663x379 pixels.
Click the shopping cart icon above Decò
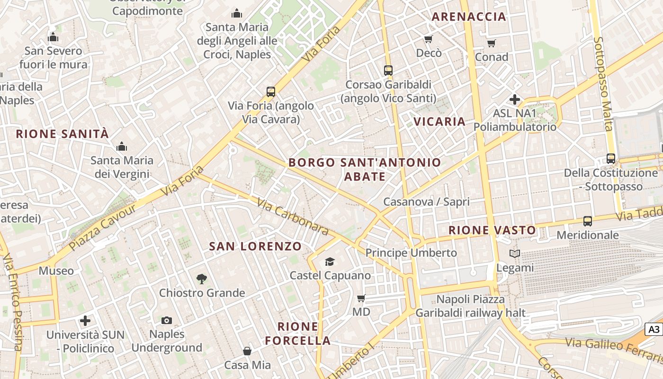pyautogui.click(x=429, y=39)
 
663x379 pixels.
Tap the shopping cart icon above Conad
pyautogui.click(x=492, y=43)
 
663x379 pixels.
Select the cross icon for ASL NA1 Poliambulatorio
pyautogui.click(x=515, y=99)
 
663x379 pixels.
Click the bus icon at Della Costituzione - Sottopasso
pyautogui.click(x=611, y=159)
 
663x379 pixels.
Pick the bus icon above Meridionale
pyautogui.click(x=588, y=221)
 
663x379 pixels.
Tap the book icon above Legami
pyautogui.click(x=515, y=253)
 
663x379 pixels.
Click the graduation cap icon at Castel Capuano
pyautogui.click(x=330, y=262)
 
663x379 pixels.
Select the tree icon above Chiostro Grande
pyautogui.click(x=202, y=279)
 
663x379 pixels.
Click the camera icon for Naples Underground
pyautogui.click(x=166, y=321)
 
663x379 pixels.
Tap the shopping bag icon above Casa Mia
pyautogui.click(x=247, y=351)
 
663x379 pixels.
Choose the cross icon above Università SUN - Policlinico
pyautogui.click(x=85, y=321)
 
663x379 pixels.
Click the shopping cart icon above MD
pyautogui.click(x=361, y=298)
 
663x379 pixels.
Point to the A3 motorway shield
pyautogui.click(x=654, y=329)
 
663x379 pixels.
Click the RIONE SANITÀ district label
pyautogui.click(x=63, y=134)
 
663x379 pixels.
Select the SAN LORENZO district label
pyautogui.click(x=255, y=246)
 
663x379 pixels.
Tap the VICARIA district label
pyautogui.click(x=439, y=121)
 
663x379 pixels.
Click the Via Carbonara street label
pyautogui.click(x=293, y=217)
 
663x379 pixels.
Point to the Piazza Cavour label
pyautogui.click(x=96, y=228)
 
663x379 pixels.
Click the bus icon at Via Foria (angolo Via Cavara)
pyautogui.click(x=271, y=91)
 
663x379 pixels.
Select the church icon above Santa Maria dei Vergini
pyautogui.click(x=122, y=146)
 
